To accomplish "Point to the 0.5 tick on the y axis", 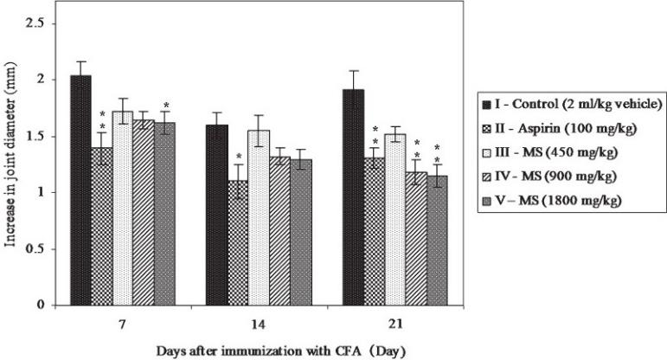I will (x=36, y=249).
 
